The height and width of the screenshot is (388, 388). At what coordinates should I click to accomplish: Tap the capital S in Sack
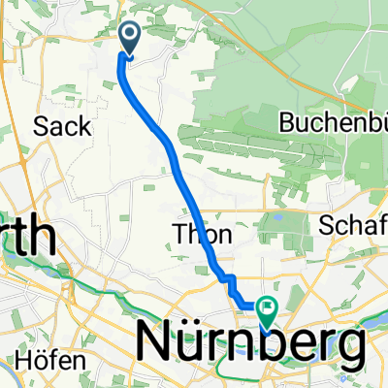coord(41,126)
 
